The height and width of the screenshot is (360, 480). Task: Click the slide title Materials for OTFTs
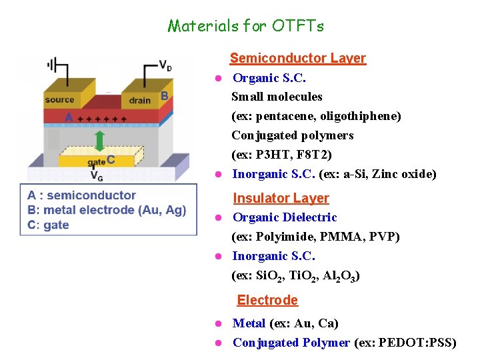pyautogui.click(x=245, y=26)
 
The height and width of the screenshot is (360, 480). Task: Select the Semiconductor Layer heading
pyautogui.click(x=297, y=58)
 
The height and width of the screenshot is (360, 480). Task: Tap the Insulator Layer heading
pyautogui.click(x=281, y=198)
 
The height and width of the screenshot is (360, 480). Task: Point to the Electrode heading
pyautogui.click(x=267, y=300)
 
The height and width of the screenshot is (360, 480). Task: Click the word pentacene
pyautogui.click(x=289, y=116)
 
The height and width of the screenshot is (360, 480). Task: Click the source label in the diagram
pyautogui.click(x=59, y=100)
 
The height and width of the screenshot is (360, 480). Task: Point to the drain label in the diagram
pyautogui.click(x=140, y=100)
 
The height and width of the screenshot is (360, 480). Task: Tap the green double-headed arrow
pyautogui.click(x=99, y=141)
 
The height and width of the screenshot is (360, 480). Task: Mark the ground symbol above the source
pyautogui.click(x=52, y=65)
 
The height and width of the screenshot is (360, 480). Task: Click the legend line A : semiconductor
pyautogui.click(x=81, y=195)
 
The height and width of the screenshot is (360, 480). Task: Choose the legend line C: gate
pyautogui.click(x=48, y=225)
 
